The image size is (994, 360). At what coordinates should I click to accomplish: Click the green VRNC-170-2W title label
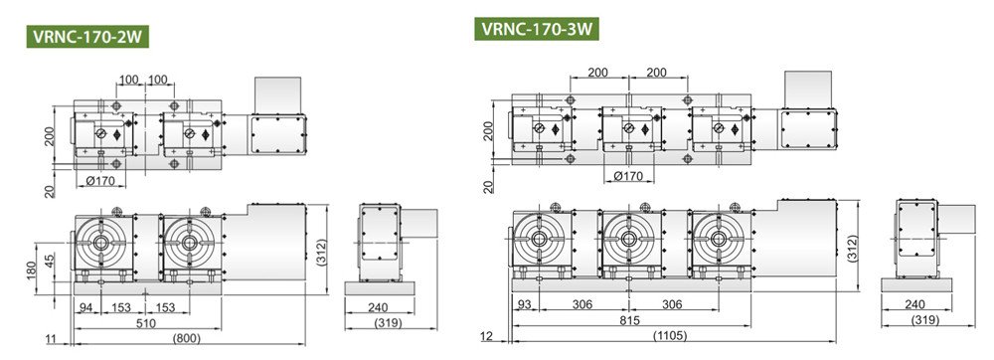[x=87, y=36]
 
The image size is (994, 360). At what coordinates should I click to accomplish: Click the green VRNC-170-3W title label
[x=537, y=29]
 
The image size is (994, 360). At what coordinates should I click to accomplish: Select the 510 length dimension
[x=147, y=322]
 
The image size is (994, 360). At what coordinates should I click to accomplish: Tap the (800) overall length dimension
[x=187, y=338]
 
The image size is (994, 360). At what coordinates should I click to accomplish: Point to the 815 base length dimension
[x=631, y=320]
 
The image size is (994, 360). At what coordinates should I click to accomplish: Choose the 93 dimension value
[x=525, y=305]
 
